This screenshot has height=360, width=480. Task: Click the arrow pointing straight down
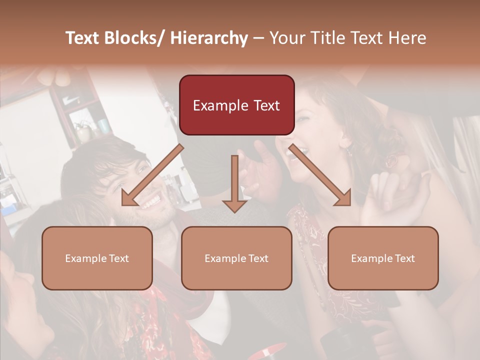pyautogui.click(x=234, y=183)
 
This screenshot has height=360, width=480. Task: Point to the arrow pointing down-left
pyautogui.click(x=149, y=176)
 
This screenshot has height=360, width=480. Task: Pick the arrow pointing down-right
pyautogui.click(x=321, y=176)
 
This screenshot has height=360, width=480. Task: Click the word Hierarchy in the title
pyautogui.click(x=208, y=38)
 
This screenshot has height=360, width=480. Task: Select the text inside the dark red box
pyautogui.click(x=236, y=105)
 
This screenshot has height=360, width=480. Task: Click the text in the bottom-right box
pyautogui.click(x=383, y=258)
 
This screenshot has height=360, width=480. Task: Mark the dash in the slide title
pyautogui.click(x=258, y=38)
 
